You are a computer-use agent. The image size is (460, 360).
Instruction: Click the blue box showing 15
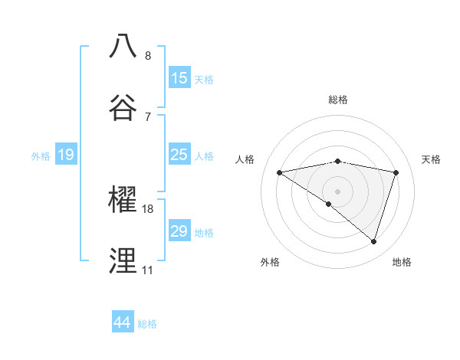click(x=179, y=78)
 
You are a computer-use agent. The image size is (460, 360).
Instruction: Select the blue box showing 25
click(x=179, y=155)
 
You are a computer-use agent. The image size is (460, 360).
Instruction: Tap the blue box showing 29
click(x=179, y=231)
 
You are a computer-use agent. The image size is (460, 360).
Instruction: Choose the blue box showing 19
click(x=65, y=155)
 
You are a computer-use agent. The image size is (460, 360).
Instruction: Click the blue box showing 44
click(x=123, y=322)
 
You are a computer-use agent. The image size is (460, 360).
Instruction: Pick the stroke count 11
click(x=147, y=270)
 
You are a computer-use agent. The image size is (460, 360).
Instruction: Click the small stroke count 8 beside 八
click(x=148, y=55)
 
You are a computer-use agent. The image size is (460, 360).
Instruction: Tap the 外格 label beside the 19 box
click(x=41, y=156)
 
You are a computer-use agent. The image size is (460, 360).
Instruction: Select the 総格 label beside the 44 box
click(x=147, y=324)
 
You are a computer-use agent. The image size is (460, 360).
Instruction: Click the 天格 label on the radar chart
click(x=432, y=159)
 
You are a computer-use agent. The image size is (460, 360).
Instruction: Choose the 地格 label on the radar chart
click(x=402, y=262)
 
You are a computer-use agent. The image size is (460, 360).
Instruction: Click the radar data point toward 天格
click(x=396, y=172)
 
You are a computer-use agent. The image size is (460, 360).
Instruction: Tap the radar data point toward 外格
click(x=329, y=204)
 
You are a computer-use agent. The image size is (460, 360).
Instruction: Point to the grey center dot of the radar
click(x=338, y=191)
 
